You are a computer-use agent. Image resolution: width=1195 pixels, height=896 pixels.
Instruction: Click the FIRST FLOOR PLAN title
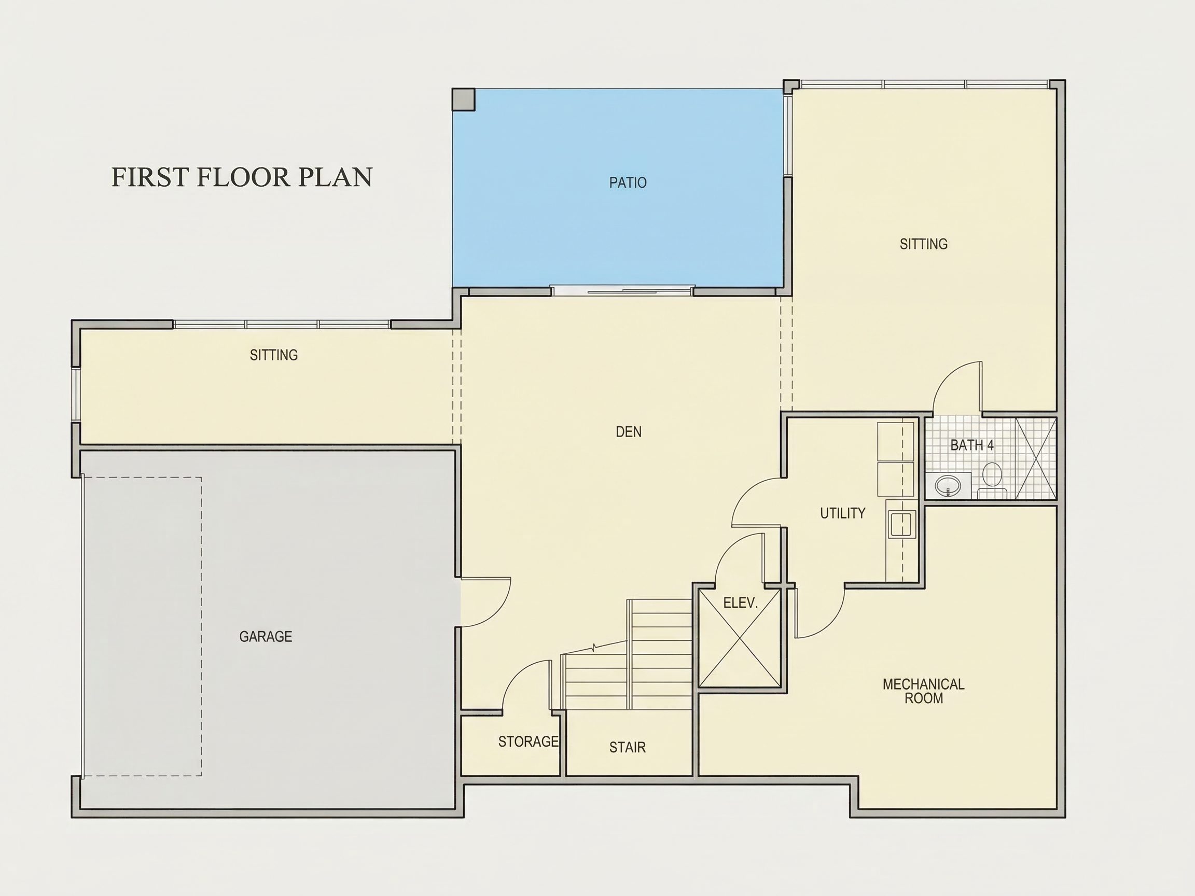click(242, 177)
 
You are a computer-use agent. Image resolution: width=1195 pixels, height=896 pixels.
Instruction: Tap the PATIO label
click(628, 183)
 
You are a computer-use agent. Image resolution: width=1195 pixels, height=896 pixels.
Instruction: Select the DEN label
click(629, 431)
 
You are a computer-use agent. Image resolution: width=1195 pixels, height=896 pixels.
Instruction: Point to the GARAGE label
click(266, 637)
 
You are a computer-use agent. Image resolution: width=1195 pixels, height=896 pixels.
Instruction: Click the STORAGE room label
click(529, 741)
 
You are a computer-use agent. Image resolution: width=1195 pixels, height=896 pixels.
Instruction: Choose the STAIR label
click(628, 747)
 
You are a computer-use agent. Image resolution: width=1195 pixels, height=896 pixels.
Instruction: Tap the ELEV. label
click(741, 603)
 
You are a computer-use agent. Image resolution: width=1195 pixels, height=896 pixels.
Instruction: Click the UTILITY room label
click(843, 513)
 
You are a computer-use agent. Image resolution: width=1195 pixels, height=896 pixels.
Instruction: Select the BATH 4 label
click(972, 445)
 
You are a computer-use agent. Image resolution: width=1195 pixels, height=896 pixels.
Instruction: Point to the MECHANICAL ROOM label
click(924, 691)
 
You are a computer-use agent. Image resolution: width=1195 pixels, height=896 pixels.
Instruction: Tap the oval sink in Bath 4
click(948, 484)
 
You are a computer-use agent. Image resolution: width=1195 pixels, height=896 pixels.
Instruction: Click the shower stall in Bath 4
click(1036, 458)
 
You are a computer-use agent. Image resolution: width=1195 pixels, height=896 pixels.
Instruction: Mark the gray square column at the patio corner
click(464, 100)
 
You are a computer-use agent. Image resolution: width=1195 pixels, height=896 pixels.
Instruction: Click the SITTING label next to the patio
click(924, 244)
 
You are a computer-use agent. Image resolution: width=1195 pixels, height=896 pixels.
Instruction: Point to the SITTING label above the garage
click(274, 355)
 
